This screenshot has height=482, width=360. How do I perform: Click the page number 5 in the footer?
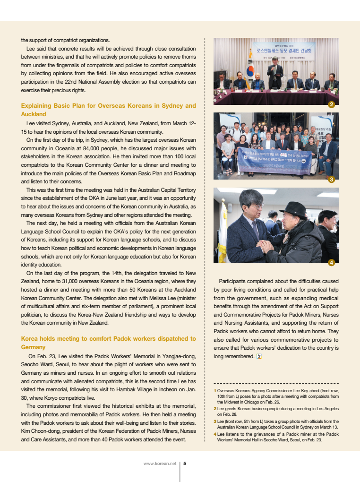185,463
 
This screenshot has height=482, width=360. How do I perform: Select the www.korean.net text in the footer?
160,463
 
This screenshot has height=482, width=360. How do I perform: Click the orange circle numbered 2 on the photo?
332,104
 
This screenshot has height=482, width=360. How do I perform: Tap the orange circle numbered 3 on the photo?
332,180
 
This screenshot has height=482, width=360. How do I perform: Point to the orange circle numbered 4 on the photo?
332,262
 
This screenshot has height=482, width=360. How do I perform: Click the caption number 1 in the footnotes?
215,391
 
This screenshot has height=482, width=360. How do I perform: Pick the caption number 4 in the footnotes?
215,434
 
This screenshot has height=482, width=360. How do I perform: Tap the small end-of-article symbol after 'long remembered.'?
258,356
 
